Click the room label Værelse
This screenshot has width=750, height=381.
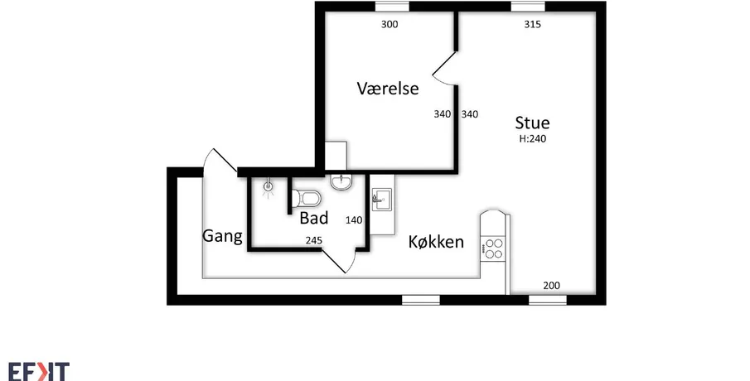pos(388,89)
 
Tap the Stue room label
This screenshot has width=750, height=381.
pos(532,123)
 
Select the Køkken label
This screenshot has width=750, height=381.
pos(436,242)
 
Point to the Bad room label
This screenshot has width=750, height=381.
pos(314,218)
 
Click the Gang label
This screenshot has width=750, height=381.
pos(222,236)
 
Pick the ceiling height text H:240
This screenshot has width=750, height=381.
pos(533,139)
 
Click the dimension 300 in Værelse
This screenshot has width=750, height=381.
pos(390,24)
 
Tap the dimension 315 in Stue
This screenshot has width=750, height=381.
pos(532,24)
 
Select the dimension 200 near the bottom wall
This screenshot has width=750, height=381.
pos(551,286)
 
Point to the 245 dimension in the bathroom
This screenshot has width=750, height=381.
pos(314,240)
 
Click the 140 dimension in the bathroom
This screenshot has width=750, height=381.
pos(354,220)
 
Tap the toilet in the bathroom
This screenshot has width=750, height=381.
pos(307,197)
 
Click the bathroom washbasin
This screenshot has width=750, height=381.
pos(341,181)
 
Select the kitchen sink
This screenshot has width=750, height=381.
pos(382,199)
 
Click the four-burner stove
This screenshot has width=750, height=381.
pos(493,248)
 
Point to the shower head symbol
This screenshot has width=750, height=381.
pos(269,188)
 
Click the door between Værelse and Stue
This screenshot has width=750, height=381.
pos(445,70)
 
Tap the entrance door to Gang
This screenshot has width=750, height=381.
pos(220,162)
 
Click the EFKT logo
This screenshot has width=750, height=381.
pos(39,371)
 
